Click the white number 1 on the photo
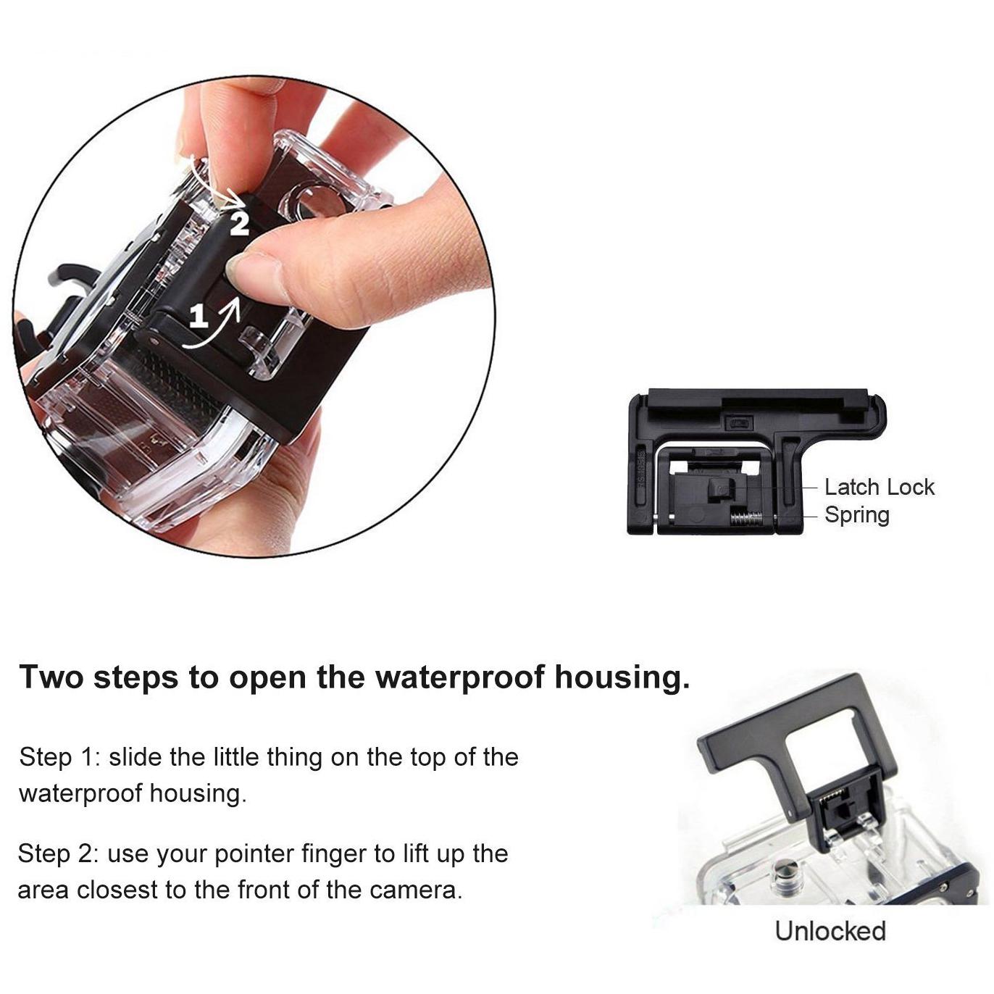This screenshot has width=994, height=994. pos(199,315)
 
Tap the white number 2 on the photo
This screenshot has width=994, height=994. pos(239,223)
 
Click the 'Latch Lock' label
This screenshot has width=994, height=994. pos(879,488)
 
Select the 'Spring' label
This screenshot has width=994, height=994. pos(857,515)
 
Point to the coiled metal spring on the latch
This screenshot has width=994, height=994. pos(748,517)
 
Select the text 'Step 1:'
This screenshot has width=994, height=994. pos(59,758)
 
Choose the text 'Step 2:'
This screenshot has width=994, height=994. pos(58,853)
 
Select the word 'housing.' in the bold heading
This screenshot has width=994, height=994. pos(622,678)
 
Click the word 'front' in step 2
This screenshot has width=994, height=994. pos(262,890)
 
